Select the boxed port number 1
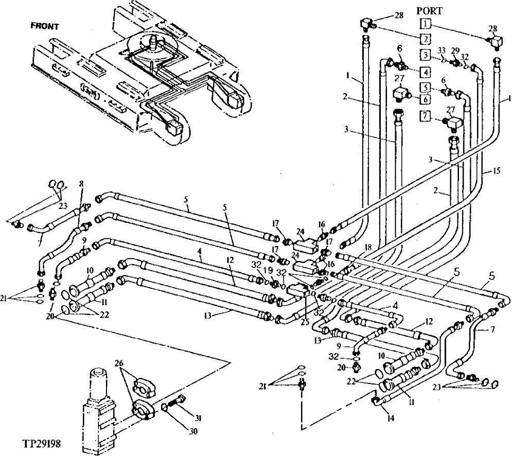(x=425, y=23)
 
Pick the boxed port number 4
(x=425, y=72)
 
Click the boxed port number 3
(x=425, y=55)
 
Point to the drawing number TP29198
(x=43, y=443)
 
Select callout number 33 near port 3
(x=441, y=50)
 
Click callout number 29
(x=455, y=50)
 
